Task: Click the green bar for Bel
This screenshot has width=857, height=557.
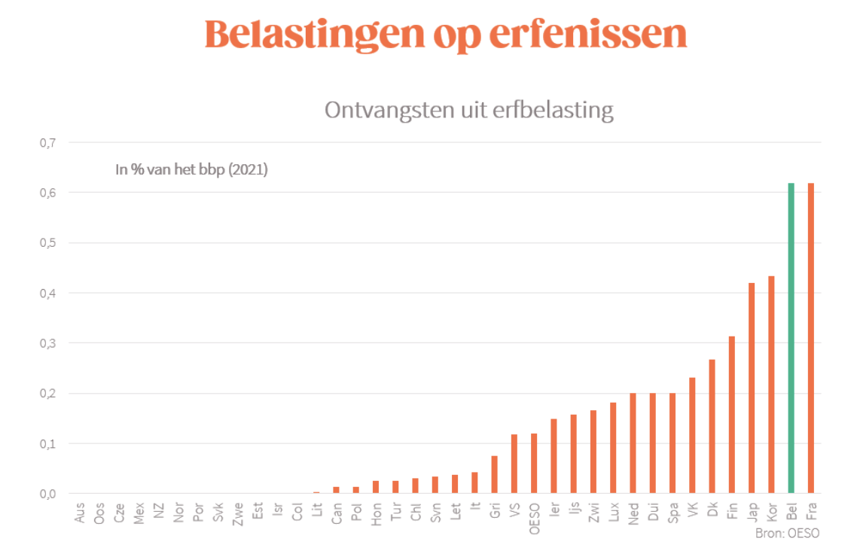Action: point(791,338)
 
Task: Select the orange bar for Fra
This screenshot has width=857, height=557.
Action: point(811,338)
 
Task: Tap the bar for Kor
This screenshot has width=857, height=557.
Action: point(771,385)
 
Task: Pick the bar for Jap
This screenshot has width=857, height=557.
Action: point(752,388)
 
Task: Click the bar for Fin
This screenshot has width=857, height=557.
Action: point(731,415)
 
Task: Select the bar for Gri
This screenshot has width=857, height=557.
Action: point(495,474)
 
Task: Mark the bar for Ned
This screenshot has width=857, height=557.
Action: point(633,443)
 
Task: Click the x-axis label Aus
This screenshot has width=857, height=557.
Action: point(80,514)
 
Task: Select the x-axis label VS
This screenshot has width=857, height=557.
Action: point(514,511)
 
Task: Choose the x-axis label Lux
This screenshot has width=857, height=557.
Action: point(613,513)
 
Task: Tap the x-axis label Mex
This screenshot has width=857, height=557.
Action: point(139,514)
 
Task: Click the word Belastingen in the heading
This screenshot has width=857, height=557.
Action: point(316,35)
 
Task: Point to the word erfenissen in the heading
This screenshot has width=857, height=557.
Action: point(588,35)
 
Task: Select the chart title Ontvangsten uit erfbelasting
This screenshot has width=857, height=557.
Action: point(468,111)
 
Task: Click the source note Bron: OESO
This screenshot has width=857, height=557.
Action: point(787,534)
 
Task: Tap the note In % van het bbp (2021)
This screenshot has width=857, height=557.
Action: point(191,170)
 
